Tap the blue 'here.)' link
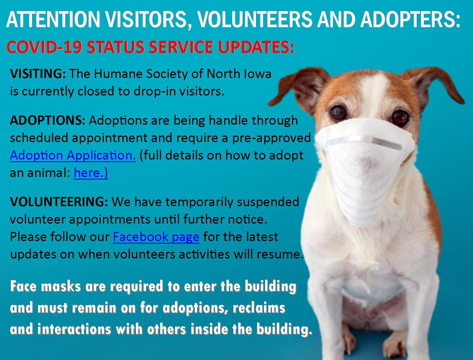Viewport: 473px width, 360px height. (91, 173)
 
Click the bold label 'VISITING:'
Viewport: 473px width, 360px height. (38, 74)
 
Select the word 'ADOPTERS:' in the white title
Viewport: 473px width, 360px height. (411, 20)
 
